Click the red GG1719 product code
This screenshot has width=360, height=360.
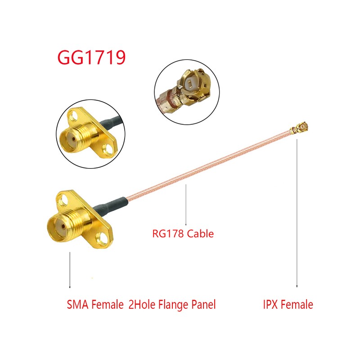(91, 57)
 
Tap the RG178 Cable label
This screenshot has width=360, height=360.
(183, 234)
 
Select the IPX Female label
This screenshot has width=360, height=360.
(288, 305)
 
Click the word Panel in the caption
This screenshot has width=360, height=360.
(203, 305)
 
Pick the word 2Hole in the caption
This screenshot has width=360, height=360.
(142, 305)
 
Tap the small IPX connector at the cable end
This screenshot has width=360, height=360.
(300, 129)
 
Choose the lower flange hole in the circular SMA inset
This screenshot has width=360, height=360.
(107, 149)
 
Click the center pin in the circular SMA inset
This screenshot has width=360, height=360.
(73, 139)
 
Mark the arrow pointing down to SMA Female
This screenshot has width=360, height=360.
(70, 270)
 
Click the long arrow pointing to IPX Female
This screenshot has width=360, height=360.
(297, 213)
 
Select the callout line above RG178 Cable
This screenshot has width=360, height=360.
(186, 205)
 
